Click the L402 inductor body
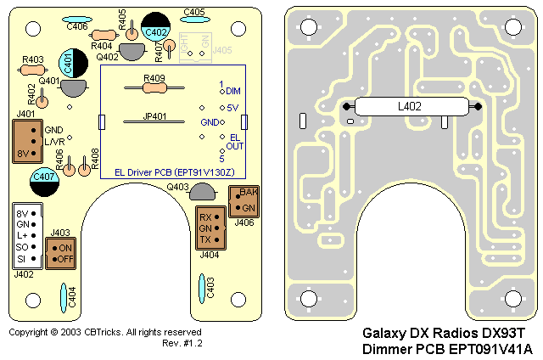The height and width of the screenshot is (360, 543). pos(412,107)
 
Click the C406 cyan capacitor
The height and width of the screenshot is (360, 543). pos(78,18)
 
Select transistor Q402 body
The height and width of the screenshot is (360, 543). pos(132,51)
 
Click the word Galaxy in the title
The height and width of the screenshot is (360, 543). pos(385,335)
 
